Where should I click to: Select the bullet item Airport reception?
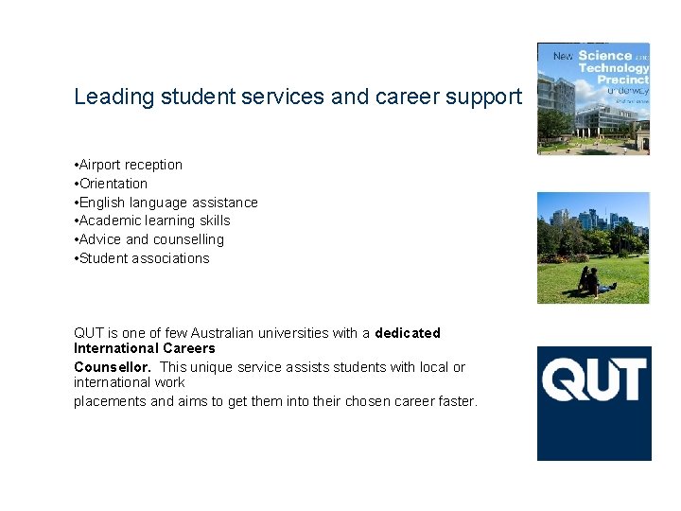pyautogui.click(x=131, y=165)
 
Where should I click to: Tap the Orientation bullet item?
pyautogui.click(x=113, y=184)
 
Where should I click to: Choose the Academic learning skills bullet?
pyautogui.click(x=154, y=220)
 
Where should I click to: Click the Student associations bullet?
pyautogui.click(x=144, y=258)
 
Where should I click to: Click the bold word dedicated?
pyautogui.click(x=408, y=333)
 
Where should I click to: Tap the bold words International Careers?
pyautogui.click(x=144, y=348)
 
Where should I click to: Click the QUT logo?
pyautogui.click(x=594, y=403)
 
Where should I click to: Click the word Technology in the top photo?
pyautogui.click(x=614, y=68)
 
